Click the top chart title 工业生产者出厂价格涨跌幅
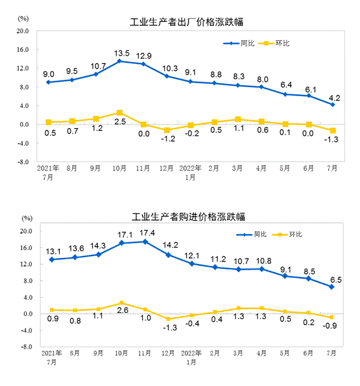(187, 23)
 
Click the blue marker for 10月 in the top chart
(120, 61)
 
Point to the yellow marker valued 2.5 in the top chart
(120, 113)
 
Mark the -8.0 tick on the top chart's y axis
(21, 161)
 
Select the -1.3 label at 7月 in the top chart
(332, 141)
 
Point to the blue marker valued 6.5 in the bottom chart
(332, 287)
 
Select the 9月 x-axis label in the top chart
(95, 168)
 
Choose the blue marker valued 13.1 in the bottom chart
(52, 259)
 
